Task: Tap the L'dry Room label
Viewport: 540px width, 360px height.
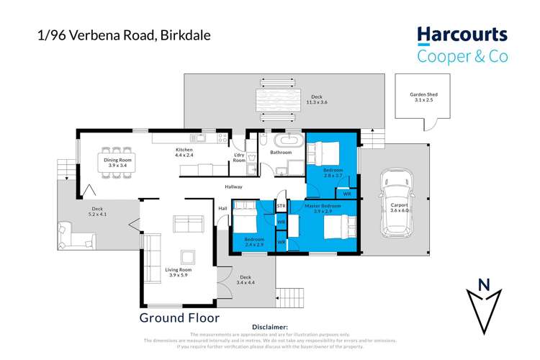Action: [239, 158]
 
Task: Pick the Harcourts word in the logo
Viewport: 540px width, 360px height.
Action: [462, 35]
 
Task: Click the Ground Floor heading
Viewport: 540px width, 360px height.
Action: [179, 317]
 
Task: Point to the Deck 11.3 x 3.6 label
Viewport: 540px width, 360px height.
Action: [318, 100]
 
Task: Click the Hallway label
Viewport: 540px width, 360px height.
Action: [233, 186]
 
